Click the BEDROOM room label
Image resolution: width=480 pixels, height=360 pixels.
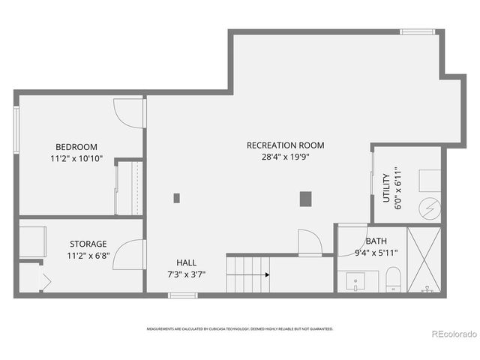coord(76,147)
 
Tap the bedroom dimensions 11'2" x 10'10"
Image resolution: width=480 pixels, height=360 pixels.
coord(76,159)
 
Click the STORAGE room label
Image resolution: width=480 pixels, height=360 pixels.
coord(88,244)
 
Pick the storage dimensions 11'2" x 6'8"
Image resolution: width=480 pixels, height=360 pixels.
coord(88,256)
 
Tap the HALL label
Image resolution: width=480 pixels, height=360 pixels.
coord(186,262)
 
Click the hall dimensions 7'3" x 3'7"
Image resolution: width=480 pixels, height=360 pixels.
coord(186,274)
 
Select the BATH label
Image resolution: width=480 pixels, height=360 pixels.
coord(376,241)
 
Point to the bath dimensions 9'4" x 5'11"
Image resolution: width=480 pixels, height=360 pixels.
coord(376,253)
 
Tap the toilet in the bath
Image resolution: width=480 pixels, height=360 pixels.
coord(394,282)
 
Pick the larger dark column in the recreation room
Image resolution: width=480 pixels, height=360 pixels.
coord(305,199)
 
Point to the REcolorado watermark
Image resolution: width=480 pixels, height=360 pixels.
coord(453,334)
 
